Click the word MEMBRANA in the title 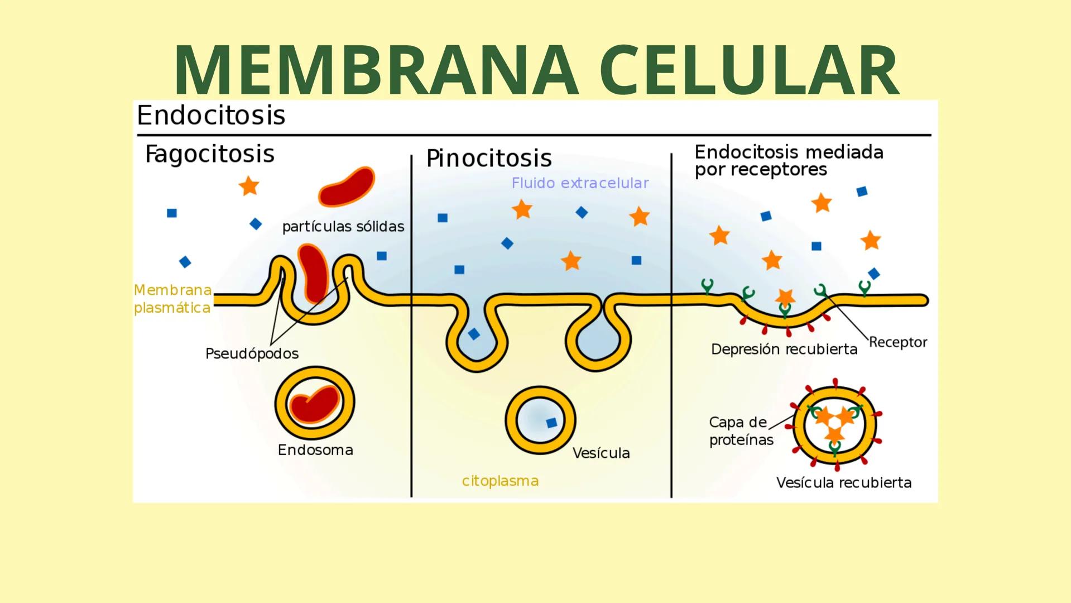[376, 70]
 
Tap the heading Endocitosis [211, 116]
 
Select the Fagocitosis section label [209, 154]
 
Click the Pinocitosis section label [489, 158]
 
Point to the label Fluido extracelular [580, 183]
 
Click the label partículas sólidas [343, 227]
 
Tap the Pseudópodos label [252, 353]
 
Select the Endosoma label [315, 450]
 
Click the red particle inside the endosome [315, 404]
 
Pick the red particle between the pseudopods [313, 272]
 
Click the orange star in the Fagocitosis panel [249, 186]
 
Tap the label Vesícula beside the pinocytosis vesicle [601, 453]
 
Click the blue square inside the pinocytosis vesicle [551, 423]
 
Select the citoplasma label [500, 481]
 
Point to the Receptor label [897, 342]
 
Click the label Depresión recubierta [784, 350]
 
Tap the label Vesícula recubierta [843, 482]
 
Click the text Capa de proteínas [741, 430]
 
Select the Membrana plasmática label [172, 299]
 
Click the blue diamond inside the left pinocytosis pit [474, 334]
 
